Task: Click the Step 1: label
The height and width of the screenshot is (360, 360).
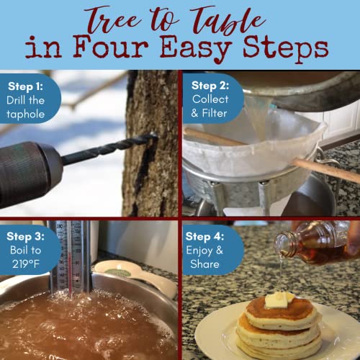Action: (x=25, y=86)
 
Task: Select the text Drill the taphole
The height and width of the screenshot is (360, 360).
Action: (x=27, y=108)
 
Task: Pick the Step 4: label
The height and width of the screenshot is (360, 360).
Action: (x=208, y=236)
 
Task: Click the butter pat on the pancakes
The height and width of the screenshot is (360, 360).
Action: (x=278, y=299)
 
